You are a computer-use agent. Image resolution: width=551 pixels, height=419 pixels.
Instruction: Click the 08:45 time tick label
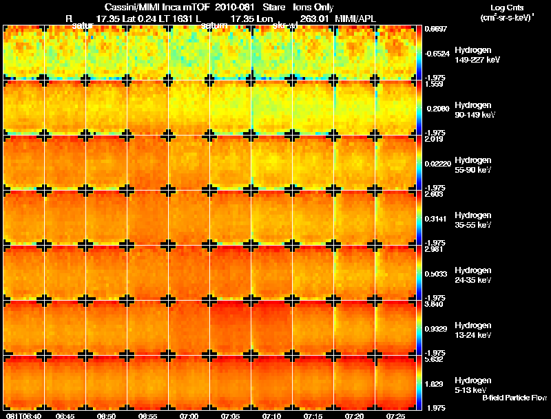(65, 416)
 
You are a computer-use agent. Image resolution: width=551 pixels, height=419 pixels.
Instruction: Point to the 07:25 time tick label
(395, 416)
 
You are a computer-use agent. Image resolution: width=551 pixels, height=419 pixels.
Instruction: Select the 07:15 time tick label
(313, 416)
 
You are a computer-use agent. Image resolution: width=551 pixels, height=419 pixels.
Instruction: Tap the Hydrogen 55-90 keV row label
(472, 164)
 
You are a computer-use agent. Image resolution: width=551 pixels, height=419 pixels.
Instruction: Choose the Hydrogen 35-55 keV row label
(472, 219)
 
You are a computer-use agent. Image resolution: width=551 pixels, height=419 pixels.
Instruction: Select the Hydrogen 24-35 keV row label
(472, 275)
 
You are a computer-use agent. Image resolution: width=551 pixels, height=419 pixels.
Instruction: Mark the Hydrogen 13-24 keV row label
(472, 330)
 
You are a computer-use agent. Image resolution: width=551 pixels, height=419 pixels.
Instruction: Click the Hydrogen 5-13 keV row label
(472, 385)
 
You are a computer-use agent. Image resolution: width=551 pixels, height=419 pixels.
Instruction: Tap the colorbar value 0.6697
(436, 30)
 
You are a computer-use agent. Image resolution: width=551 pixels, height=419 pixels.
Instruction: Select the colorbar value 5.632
(435, 358)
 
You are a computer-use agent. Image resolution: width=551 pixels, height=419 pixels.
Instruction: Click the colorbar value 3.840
(435, 303)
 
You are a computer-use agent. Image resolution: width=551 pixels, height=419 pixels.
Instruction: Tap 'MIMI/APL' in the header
(355, 18)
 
